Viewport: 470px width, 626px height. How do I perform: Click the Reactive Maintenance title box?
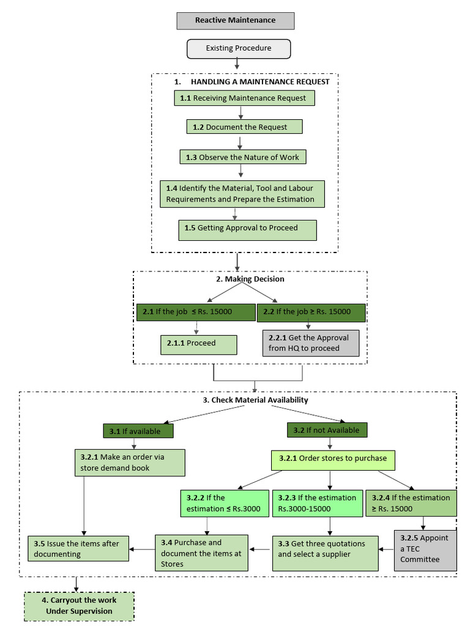(x=236, y=20)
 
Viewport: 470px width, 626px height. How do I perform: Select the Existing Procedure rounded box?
(x=238, y=49)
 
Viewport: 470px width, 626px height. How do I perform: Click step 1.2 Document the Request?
(x=244, y=127)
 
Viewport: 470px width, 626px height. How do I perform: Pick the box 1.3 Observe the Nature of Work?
(x=243, y=157)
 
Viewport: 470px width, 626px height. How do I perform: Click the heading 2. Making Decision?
(x=250, y=279)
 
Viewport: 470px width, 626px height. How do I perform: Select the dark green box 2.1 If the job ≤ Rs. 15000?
(x=195, y=312)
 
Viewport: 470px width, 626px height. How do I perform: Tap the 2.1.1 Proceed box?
(x=198, y=344)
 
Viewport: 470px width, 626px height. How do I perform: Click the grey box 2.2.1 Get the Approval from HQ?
(x=310, y=343)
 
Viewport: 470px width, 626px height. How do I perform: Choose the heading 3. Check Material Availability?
(x=255, y=400)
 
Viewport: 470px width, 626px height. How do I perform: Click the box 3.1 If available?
(x=138, y=431)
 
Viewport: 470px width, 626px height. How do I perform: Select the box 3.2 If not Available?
(x=327, y=430)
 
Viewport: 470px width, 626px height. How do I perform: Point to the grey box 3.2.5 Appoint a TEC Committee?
(x=425, y=548)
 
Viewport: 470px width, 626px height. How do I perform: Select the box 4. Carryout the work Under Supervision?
(x=79, y=605)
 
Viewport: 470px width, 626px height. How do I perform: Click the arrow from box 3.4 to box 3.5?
(x=141, y=548)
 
